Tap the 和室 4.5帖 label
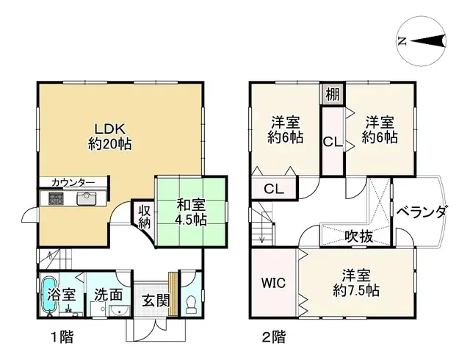pyautogui.click(x=191, y=211)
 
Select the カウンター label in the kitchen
pyautogui.click(x=72, y=182)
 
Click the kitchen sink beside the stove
pyautogui.click(x=87, y=198)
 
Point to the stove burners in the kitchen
pyautogui.click(x=56, y=198)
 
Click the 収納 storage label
pyautogui.click(x=143, y=217)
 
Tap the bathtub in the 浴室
pyautogui.click(x=50, y=295)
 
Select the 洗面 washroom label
pyautogui.click(x=107, y=295)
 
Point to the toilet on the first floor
pyautogui.click(x=191, y=302)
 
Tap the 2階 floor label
pyautogui.click(x=273, y=339)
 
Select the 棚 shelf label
pyautogui.click(x=333, y=94)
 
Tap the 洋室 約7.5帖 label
pyautogui.click(x=355, y=284)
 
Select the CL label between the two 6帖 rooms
pyautogui.click(x=333, y=143)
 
